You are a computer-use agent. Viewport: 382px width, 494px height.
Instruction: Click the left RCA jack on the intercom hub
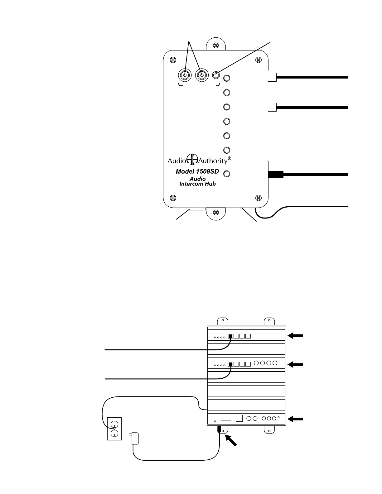point(185,75)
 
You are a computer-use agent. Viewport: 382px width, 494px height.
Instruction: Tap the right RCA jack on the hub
point(202,75)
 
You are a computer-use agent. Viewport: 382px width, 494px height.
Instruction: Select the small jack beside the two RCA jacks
point(216,75)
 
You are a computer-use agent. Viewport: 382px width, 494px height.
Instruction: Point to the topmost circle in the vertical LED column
point(227,78)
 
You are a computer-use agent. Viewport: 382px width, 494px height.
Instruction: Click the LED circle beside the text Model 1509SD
point(227,174)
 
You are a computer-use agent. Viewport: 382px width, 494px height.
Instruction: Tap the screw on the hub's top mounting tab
point(216,45)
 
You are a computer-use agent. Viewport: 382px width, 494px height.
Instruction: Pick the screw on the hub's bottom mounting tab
point(216,213)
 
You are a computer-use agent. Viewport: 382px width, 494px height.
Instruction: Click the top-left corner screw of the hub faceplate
point(173,60)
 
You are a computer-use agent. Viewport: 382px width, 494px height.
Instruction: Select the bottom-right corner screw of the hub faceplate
point(258,198)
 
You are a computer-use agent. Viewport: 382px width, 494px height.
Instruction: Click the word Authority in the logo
point(213,161)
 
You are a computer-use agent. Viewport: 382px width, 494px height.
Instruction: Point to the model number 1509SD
point(207,171)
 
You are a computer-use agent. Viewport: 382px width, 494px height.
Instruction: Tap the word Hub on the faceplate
point(210,184)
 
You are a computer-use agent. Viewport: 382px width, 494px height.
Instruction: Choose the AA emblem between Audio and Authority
point(192,159)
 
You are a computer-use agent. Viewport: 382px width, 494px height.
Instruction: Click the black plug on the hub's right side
point(276,174)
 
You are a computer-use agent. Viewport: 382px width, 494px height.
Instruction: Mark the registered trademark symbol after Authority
point(229,158)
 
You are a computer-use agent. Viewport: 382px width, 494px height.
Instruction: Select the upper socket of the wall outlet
point(114,424)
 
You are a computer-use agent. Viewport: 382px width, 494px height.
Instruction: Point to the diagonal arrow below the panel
point(231,441)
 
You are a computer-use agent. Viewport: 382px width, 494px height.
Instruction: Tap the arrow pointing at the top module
point(295,335)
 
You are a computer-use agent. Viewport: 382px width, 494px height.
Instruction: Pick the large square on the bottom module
point(239,418)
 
